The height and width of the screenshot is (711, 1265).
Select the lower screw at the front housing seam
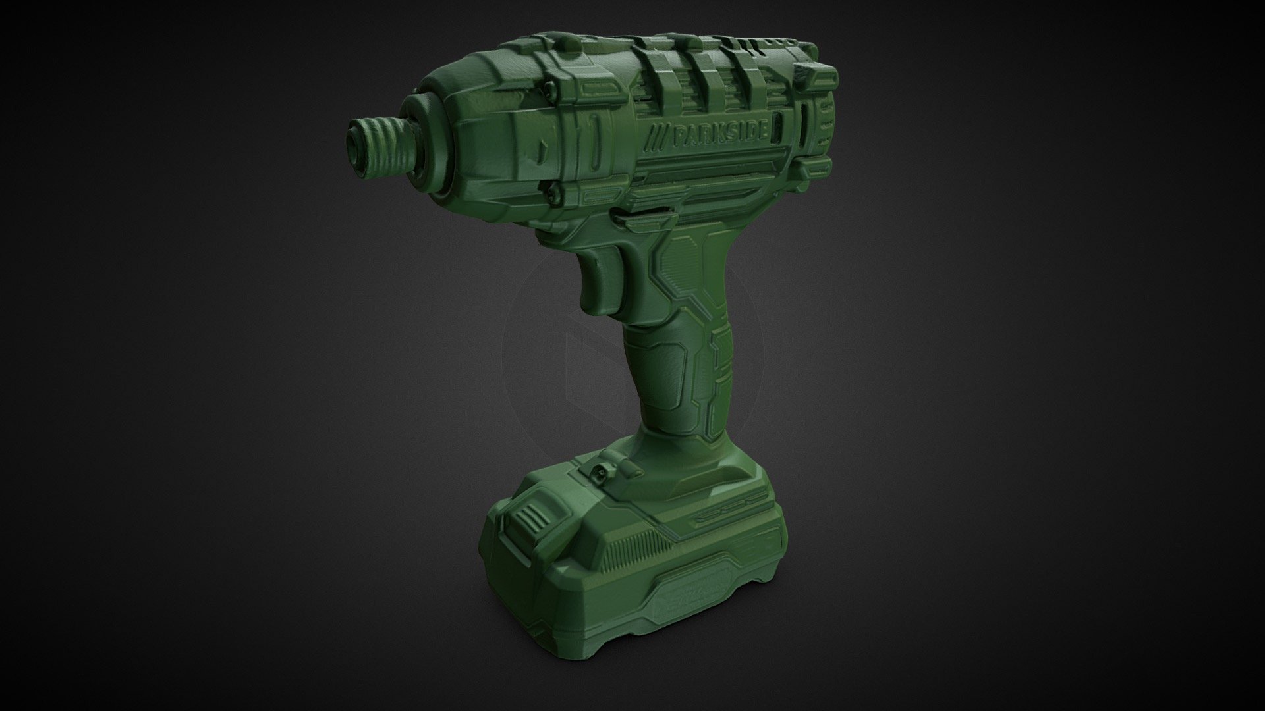[x=553, y=190]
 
